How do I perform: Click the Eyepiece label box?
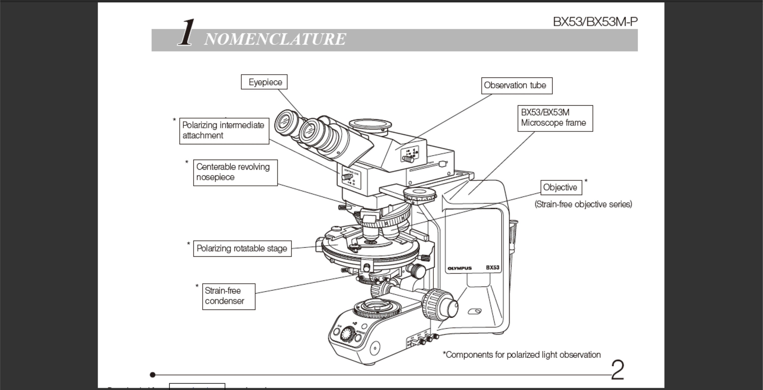(264, 82)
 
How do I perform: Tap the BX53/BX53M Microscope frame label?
(555, 118)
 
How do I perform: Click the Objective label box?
(561, 187)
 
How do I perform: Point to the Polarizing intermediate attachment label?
(224, 131)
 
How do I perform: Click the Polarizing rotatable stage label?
(242, 248)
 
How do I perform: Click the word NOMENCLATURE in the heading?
(275, 39)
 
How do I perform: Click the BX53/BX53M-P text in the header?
(595, 22)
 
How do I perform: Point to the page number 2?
(618, 370)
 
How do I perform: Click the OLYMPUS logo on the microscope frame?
(459, 268)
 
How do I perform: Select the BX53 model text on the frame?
(492, 267)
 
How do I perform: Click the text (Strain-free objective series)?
(583, 205)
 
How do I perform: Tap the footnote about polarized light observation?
(521, 355)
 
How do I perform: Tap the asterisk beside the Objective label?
(586, 181)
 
